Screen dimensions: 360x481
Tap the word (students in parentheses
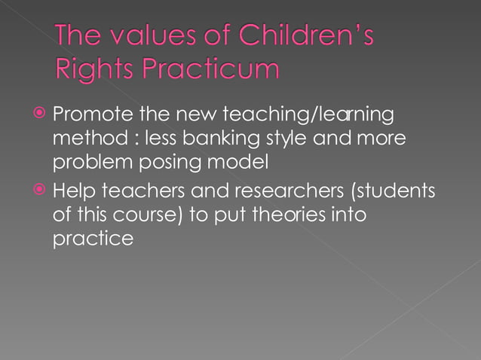click(393, 191)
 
